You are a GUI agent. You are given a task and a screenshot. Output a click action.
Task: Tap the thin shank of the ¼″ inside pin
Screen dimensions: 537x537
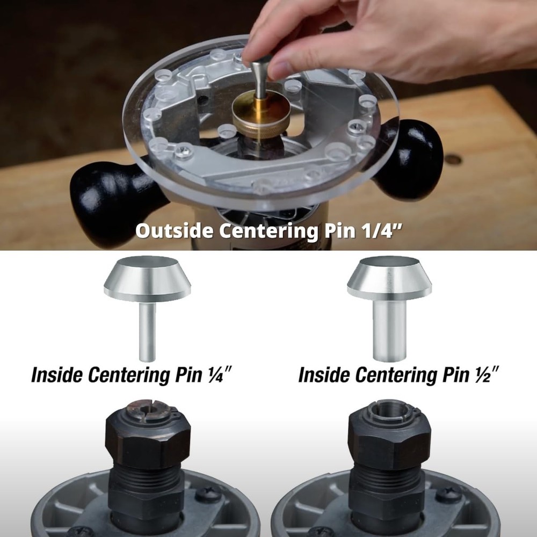(147, 333)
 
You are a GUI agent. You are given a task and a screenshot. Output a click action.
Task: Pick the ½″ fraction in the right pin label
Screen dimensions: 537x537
(489, 374)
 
